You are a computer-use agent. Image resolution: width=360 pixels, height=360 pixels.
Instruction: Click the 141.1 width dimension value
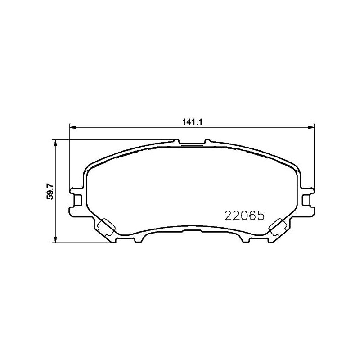tap(192, 122)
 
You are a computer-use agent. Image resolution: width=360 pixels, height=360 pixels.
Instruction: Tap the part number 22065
tap(245, 216)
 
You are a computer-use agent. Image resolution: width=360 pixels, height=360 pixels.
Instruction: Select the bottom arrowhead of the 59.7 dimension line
tap(55, 239)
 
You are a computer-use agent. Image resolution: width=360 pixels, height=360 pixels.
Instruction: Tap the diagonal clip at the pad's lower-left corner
tap(106, 227)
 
